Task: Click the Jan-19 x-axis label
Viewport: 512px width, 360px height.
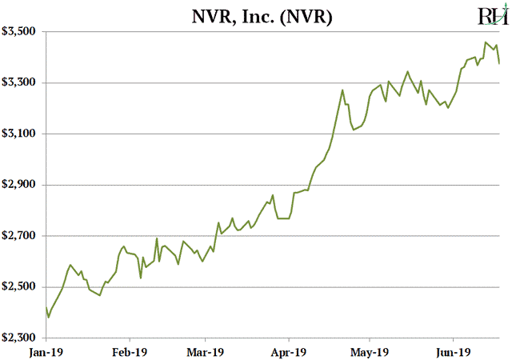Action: (x=46, y=350)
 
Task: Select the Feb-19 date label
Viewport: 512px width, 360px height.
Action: (x=129, y=350)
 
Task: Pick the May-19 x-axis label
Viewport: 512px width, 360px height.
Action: (x=370, y=350)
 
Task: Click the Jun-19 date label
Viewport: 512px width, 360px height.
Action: (x=453, y=350)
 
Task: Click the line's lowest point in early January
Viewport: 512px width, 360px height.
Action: (x=49, y=318)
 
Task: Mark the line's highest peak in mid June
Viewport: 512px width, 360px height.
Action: (x=486, y=42)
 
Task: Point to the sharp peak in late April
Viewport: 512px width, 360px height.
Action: (x=342, y=90)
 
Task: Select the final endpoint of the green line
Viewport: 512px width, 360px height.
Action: (x=500, y=63)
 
